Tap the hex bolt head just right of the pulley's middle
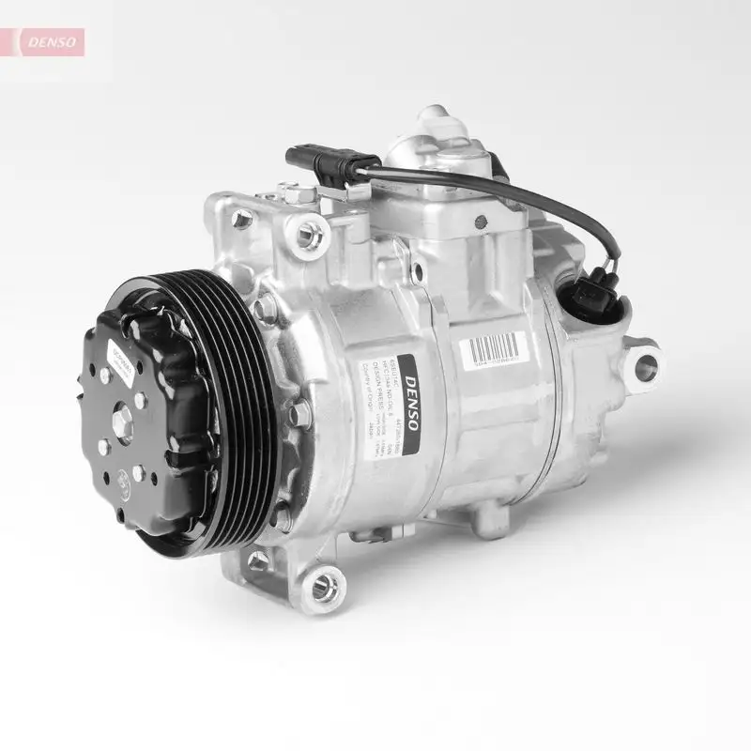click(x=298, y=414)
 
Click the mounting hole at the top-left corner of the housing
click(x=242, y=220)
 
